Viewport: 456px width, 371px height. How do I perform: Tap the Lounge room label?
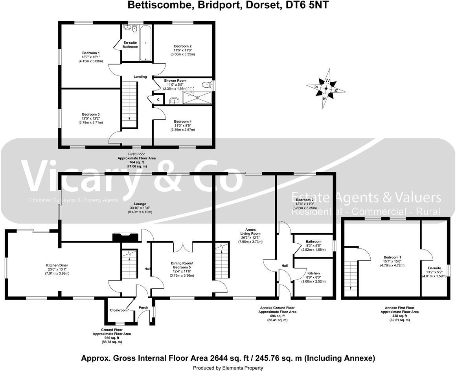(140, 204)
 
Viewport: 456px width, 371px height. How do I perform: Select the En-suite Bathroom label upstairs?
(131, 44)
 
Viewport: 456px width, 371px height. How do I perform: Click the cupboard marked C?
(158, 100)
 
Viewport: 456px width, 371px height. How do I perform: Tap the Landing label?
(140, 77)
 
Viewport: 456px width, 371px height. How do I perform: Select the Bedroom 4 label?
(183, 121)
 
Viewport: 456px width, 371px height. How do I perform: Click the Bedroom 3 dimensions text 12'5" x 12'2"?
(90, 118)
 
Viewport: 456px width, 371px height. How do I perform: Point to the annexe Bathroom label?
(314, 242)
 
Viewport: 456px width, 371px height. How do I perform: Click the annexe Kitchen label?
(313, 273)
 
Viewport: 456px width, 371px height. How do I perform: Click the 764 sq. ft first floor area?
(137, 162)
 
